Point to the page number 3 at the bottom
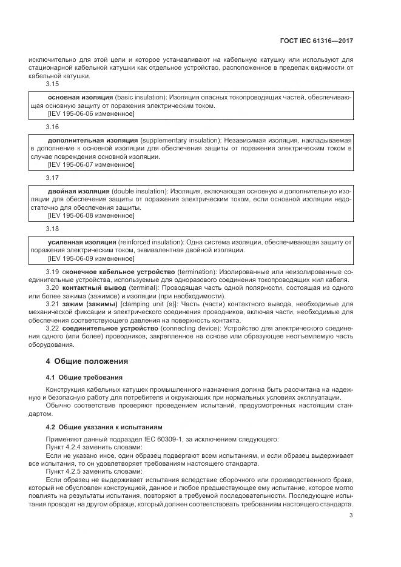point(351,516)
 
